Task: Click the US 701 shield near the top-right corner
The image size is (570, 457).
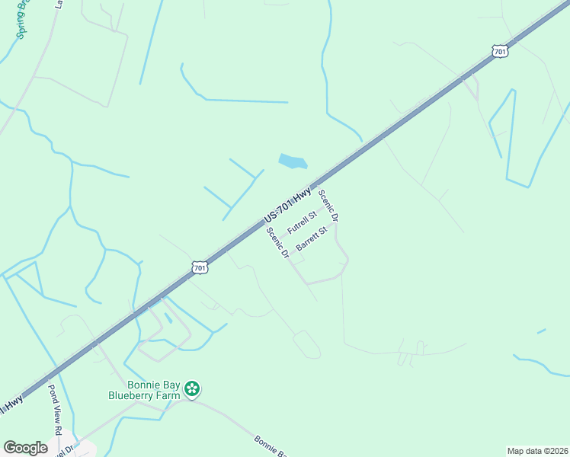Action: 499,51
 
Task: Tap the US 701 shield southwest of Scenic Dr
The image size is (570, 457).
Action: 199,267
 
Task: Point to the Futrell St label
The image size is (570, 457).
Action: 302,223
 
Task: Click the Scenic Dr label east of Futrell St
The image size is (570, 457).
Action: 328,205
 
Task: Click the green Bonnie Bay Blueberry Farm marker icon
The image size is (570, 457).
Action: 193,390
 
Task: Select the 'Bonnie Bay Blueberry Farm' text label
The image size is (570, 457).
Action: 143,390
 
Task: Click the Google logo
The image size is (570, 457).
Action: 25,448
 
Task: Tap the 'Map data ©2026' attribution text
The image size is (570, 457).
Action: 537,450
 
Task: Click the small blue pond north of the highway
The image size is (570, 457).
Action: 293,161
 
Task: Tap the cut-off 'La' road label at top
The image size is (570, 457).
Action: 59,4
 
